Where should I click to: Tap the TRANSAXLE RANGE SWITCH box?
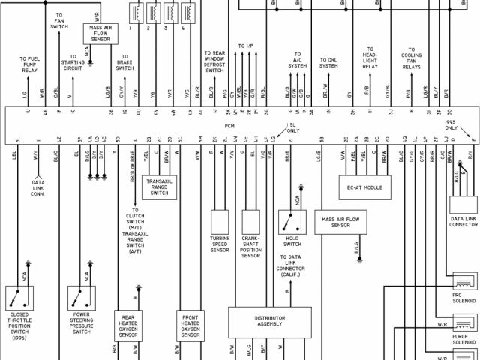tap(158, 187)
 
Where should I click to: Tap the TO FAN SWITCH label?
tap(59, 20)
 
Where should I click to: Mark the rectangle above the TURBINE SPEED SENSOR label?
tap(220, 221)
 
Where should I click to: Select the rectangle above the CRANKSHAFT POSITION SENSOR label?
tap(250, 221)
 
